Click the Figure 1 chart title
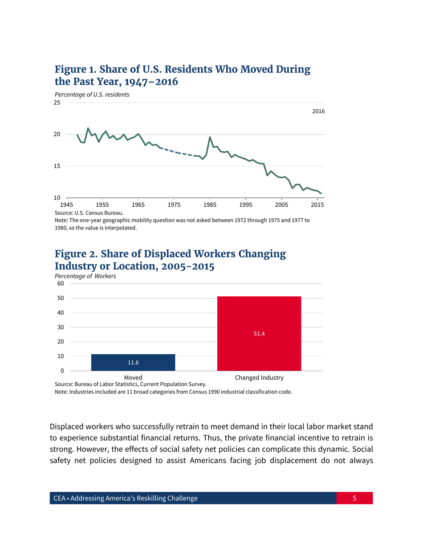pyautogui.click(x=182, y=76)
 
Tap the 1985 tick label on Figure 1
pyautogui.click(x=210, y=205)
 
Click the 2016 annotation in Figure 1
pyautogui.click(x=318, y=111)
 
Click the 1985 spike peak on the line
pyautogui.click(x=210, y=137)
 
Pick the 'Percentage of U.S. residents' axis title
pyautogui.click(x=92, y=94)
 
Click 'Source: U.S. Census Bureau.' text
pyautogui.click(x=89, y=213)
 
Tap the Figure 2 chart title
pyautogui.click(x=170, y=260)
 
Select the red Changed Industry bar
pyautogui.click(x=259, y=333)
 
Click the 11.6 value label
pyautogui.click(x=133, y=363)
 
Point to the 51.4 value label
pyautogui.click(x=259, y=334)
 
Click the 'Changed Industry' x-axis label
pyautogui.click(x=259, y=377)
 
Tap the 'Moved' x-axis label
pyautogui.click(x=133, y=377)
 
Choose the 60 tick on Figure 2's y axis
pyautogui.click(x=60, y=283)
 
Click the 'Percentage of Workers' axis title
pyautogui.click(x=85, y=276)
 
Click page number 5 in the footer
pyautogui.click(x=354, y=498)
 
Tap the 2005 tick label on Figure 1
pyautogui.click(x=281, y=205)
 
